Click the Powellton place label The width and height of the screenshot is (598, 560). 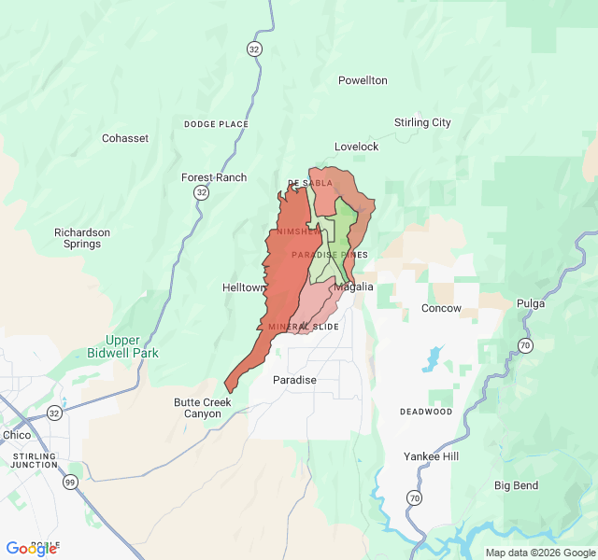[363, 80]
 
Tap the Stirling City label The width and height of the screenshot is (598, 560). [422, 122]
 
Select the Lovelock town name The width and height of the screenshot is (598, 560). [357, 147]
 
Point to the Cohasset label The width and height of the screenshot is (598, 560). [125, 138]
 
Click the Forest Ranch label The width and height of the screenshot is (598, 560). [214, 177]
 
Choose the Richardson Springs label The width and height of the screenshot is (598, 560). [82, 238]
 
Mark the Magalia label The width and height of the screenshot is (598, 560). [354, 287]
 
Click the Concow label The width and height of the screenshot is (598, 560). [441, 308]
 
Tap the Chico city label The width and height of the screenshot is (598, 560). [17, 435]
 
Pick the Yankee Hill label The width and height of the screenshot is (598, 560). [432, 456]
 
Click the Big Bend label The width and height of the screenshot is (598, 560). [516, 485]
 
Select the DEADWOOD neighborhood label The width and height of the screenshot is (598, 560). [426, 412]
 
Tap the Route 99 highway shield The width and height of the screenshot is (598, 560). [71, 482]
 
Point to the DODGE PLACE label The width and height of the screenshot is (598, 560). [216, 124]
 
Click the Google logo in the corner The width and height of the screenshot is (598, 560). [31, 549]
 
